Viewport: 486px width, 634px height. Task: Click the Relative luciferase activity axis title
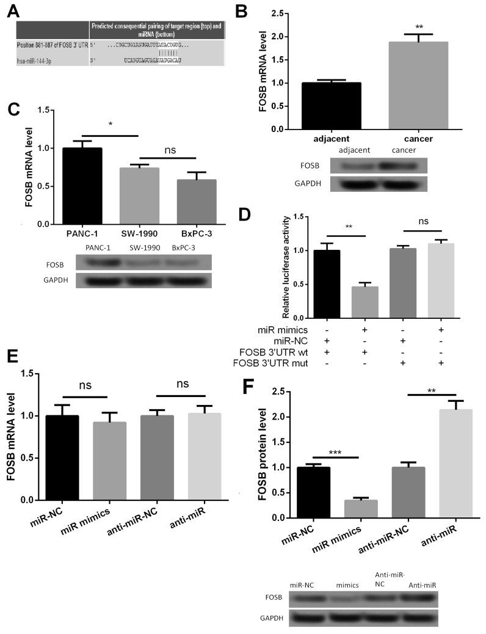(x=286, y=266)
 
